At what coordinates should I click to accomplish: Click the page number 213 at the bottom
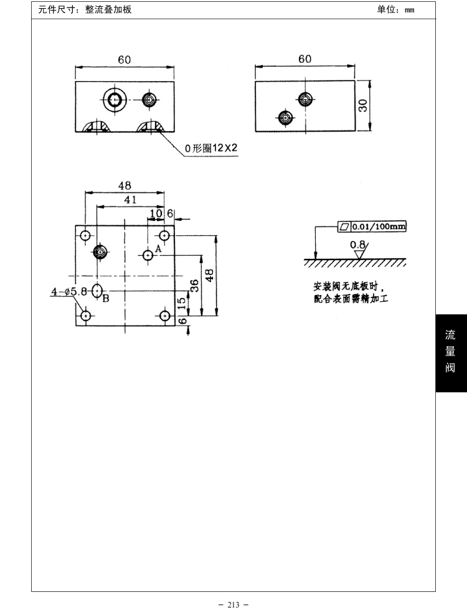click(233, 604)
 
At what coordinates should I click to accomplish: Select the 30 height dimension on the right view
click(362, 105)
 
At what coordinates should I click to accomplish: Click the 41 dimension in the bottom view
click(130, 200)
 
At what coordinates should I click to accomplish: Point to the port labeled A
click(148, 255)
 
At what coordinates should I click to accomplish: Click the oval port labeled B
click(97, 290)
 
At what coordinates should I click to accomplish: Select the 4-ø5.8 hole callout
click(69, 291)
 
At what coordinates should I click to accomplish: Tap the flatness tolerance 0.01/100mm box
click(372, 226)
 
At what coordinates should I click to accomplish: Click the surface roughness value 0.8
click(357, 244)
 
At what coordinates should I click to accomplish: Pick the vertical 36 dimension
click(195, 285)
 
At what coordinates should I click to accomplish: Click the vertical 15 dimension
click(181, 303)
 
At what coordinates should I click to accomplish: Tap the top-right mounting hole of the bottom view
click(164, 235)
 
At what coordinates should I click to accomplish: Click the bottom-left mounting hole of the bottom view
click(85, 315)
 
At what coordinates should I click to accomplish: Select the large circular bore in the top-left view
click(115, 100)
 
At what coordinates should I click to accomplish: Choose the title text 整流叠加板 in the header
click(108, 9)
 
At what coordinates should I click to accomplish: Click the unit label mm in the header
click(410, 10)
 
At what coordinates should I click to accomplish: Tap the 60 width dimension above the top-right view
click(305, 59)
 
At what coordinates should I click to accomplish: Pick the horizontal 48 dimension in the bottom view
click(125, 186)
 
